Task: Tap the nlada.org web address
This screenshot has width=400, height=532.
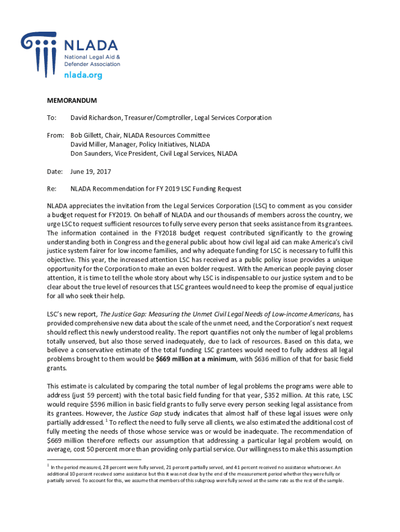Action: click(83, 75)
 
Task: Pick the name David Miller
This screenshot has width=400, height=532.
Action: click(89, 144)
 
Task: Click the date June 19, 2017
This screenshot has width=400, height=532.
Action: click(91, 171)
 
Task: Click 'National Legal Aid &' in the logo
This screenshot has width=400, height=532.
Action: click(91, 56)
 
